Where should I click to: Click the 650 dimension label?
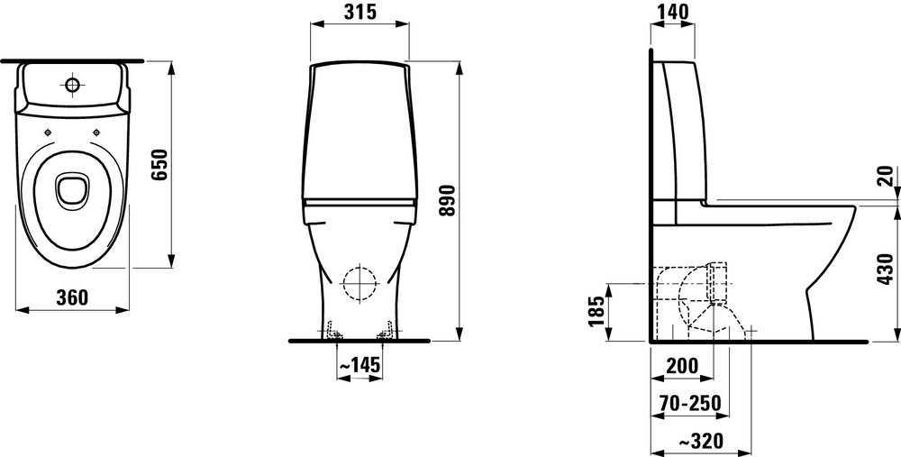[x=160, y=164]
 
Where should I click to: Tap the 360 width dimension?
[x=72, y=297]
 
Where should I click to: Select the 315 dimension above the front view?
[x=360, y=12]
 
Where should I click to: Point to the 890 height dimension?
[x=447, y=201]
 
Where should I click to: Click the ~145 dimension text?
[x=359, y=364]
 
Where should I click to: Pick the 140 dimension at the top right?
[x=672, y=12]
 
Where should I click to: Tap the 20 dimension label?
[x=887, y=176]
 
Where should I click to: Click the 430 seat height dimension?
[x=887, y=269]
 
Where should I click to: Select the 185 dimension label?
[x=597, y=311]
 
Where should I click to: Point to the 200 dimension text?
[x=682, y=366]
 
